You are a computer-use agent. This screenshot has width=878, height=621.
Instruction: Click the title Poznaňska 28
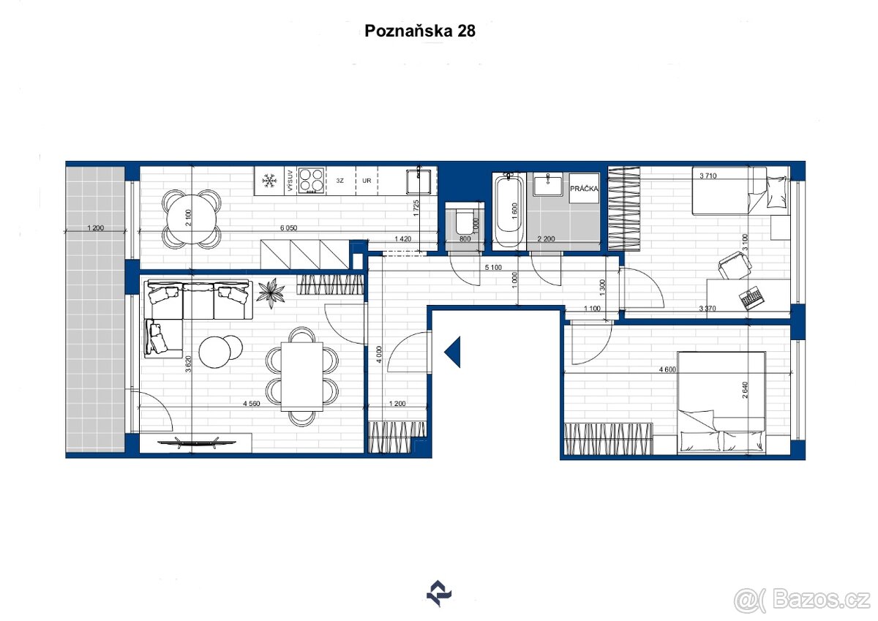(419, 31)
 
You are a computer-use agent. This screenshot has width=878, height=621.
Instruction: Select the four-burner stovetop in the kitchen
(312, 180)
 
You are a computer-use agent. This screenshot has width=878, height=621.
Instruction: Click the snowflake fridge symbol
(269, 180)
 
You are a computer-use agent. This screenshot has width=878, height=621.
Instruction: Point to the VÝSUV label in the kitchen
(290, 180)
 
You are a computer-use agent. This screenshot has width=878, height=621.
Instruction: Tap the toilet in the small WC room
(462, 223)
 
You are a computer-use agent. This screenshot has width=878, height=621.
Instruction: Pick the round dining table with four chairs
(191, 217)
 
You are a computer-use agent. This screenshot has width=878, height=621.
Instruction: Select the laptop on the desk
(751, 298)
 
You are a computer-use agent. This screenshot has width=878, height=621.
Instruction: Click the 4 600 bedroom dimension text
(667, 370)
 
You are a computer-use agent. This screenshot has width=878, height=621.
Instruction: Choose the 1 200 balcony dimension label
(95, 228)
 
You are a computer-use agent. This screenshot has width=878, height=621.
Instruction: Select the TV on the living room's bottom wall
(195, 441)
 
